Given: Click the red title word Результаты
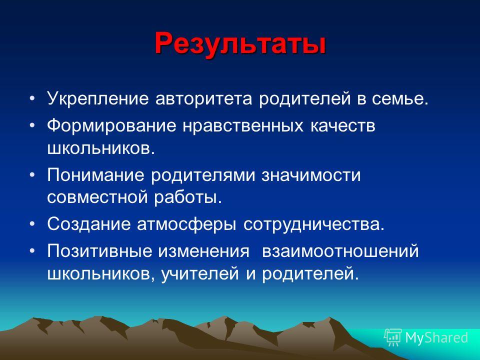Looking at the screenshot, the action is [x=240, y=44].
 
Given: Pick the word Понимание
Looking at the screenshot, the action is [x=95, y=175].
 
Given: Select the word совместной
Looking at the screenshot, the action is [x=97, y=197].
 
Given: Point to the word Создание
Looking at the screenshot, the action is [x=88, y=224].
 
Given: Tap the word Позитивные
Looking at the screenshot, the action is [x=99, y=251].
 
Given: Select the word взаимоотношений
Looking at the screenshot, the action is [x=340, y=251].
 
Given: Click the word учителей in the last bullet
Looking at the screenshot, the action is [x=200, y=273].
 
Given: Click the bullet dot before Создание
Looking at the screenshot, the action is [x=32, y=224].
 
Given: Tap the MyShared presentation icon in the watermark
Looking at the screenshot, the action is [x=393, y=337].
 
